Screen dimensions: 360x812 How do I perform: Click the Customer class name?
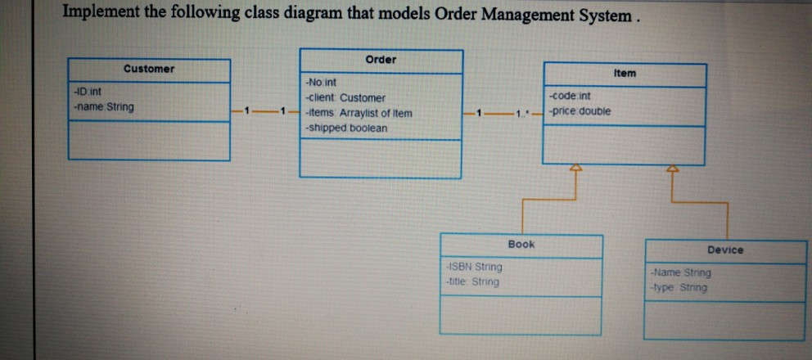point(148,69)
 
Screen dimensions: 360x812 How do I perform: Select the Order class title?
point(381,60)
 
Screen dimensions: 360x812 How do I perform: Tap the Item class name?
point(625,73)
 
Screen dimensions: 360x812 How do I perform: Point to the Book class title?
point(521,244)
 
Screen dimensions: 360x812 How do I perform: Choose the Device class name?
point(725,250)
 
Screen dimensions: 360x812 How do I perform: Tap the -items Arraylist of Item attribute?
point(359,113)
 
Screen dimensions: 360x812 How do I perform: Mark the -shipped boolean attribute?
point(345,128)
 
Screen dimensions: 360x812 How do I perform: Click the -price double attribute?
point(580,110)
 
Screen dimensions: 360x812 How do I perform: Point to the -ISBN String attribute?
point(473,267)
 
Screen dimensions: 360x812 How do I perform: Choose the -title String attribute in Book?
point(471,281)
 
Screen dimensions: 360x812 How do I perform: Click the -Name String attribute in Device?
point(679,272)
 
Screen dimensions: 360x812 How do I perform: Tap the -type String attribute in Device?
point(678,287)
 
